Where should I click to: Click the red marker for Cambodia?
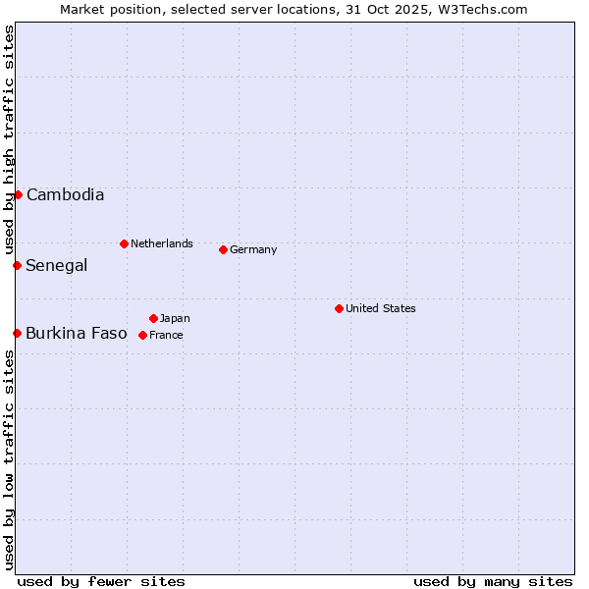pyautogui.click(x=18, y=194)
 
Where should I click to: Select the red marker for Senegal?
pyautogui.click(x=17, y=265)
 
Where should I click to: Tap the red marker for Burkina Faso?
pyautogui.click(x=17, y=333)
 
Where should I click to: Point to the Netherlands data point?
pyautogui.click(x=124, y=243)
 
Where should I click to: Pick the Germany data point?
pyautogui.click(x=223, y=249)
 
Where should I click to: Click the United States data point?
pyautogui.click(x=339, y=308)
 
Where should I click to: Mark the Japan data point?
pyautogui.click(x=153, y=318)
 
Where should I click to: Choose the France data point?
pyautogui.click(x=142, y=335)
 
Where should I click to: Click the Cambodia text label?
pyautogui.click(x=65, y=194)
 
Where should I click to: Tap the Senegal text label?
pyautogui.click(x=57, y=265)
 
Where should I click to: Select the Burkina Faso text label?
pyautogui.click(x=77, y=333)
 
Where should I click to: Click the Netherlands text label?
pyautogui.click(x=162, y=243)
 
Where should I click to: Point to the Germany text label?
pyautogui.click(x=253, y=249)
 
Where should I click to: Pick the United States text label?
pyautogui.click(x=381, y=308)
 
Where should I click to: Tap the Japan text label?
pyautogui.click(x=175, y=318)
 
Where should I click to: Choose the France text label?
pyautogui.click(x=166, y=335)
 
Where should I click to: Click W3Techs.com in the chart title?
pyautogui.click(x=482, y=9)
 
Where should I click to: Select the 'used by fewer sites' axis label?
pyautogui.click(x=101, y=581)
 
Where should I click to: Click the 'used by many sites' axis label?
pyautogui.click(x=493, y=581)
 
